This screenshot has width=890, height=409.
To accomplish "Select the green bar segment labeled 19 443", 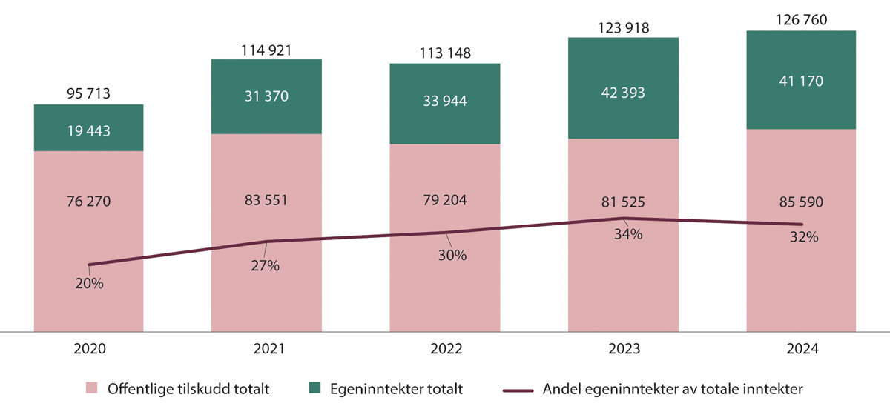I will [89, 127].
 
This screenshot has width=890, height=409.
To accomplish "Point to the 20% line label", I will [89, 284].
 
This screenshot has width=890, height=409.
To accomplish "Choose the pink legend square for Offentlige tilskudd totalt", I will [92, 388].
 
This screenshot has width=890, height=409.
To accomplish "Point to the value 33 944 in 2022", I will [445, 101].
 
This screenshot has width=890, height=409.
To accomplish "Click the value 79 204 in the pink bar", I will [445, 200].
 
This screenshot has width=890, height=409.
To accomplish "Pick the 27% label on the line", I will [266, 265].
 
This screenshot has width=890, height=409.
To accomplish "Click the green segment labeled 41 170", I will [801, 80].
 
